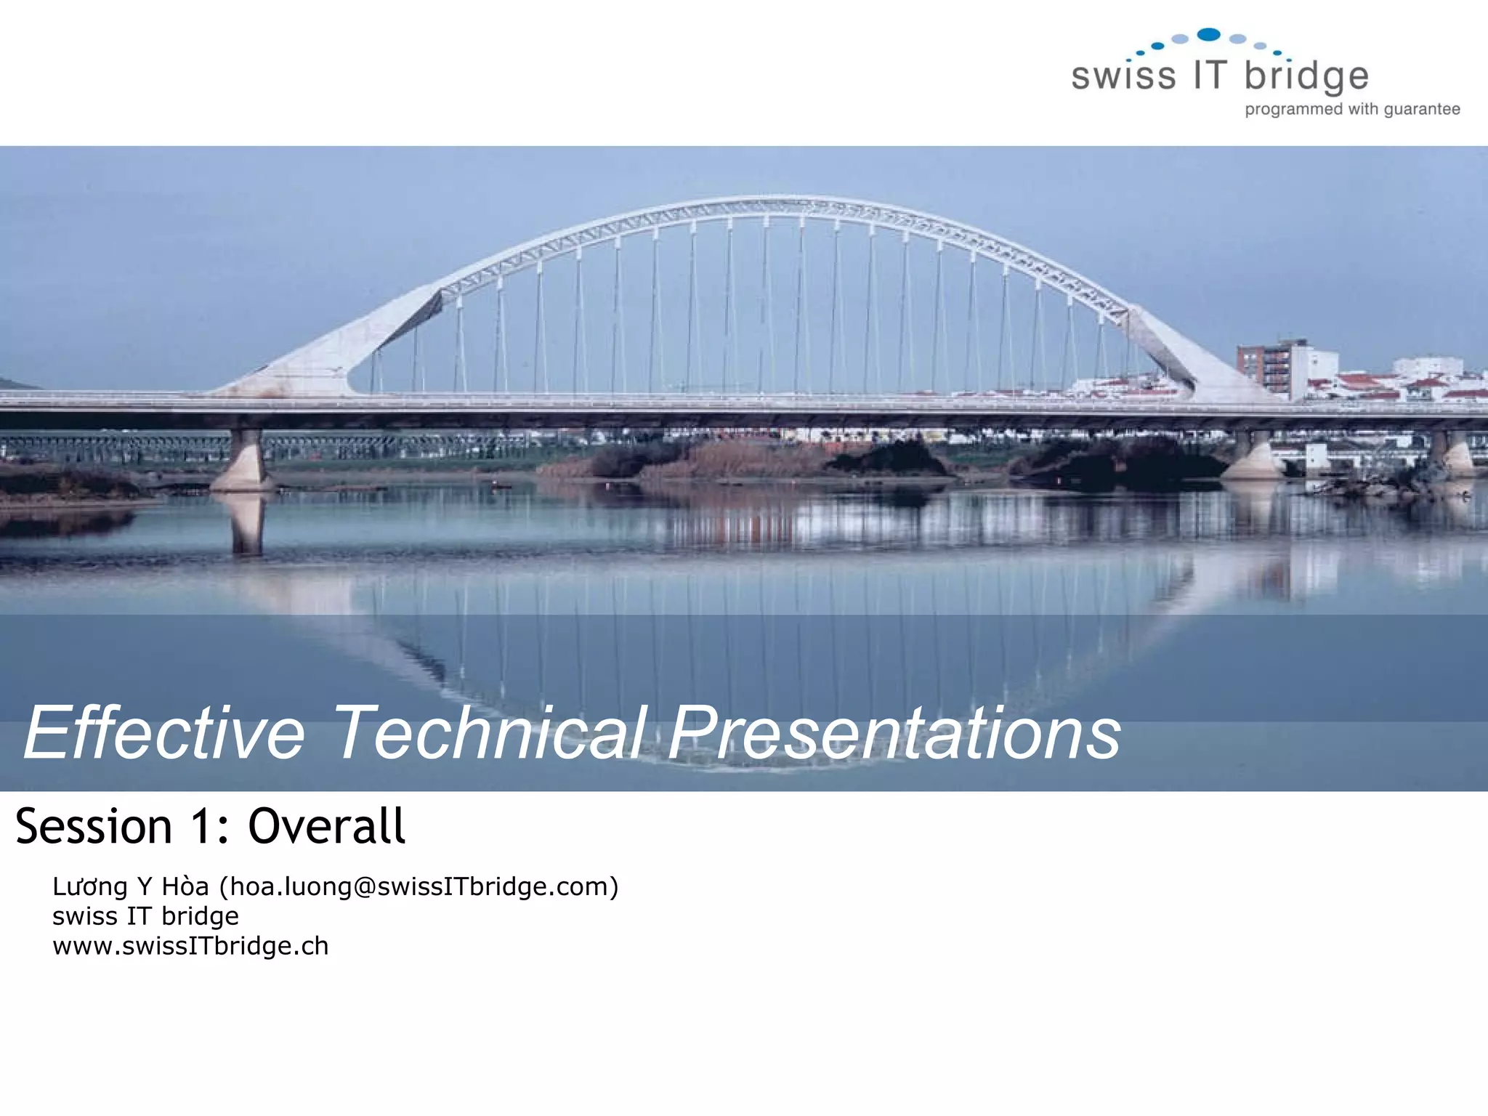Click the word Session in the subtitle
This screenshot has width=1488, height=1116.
coord(94,827)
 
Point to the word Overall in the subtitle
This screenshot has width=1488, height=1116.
coord(326,827)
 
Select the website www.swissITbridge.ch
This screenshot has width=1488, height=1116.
coord(190,946)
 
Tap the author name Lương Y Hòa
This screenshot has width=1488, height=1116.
coord(131,887)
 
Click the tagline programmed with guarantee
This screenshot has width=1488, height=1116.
coord(1352,109)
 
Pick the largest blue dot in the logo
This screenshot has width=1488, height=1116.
coord(1209,34)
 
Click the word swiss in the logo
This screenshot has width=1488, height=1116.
coord(1123,76)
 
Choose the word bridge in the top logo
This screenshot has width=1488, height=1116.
coord(1306,76)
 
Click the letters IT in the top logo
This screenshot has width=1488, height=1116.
coord(1210,75)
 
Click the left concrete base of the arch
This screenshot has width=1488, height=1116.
coord(305,367)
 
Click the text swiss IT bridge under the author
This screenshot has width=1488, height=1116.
coord(145,916)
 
